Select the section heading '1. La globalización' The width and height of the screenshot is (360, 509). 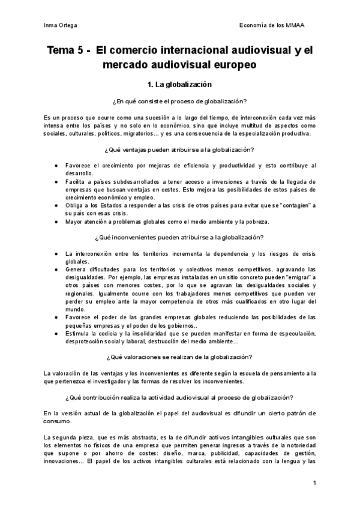coord(179,85)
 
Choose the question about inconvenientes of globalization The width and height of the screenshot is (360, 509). coord(179,238)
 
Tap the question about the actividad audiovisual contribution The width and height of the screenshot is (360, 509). coord(179,398)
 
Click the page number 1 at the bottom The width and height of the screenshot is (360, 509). coord(314,483)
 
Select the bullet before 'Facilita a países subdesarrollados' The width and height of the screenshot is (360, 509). coord(56,181)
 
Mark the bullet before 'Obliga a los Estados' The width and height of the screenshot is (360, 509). coord(56,205)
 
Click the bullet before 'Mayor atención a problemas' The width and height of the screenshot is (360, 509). coord(56,221)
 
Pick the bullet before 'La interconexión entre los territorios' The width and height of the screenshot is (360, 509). coord(56,253)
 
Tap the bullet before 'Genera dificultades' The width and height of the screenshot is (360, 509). coord(56,270)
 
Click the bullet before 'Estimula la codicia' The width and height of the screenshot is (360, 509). coord(56,333)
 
